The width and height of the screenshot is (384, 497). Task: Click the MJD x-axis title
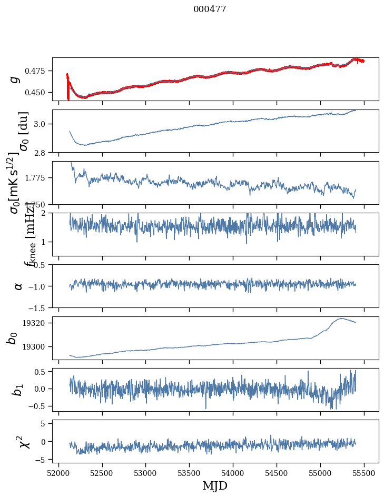215,485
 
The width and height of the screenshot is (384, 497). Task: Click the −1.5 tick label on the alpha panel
38,307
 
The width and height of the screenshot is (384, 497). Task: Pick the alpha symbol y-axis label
18,286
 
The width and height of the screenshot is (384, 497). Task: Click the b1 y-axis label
18,390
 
